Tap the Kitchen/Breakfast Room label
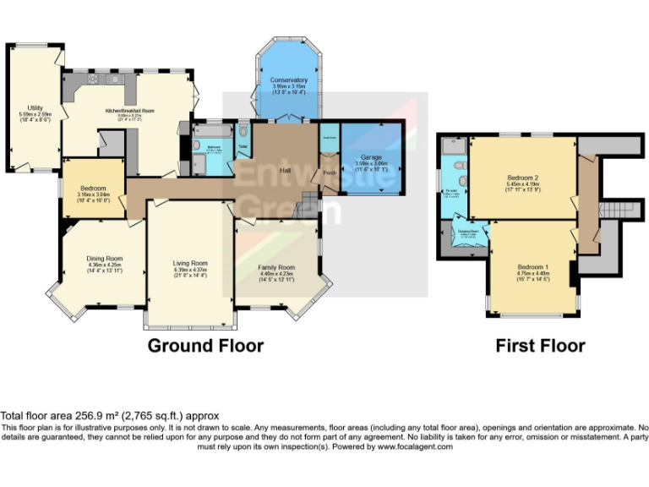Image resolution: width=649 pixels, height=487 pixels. [129, 111]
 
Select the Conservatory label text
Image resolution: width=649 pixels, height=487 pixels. [289, 80]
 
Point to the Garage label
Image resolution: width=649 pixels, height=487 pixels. [371, 158]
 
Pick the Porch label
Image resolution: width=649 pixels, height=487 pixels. [328, 172]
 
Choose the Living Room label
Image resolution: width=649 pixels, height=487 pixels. [189, 263]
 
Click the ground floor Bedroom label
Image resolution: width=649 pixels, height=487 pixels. [93, 188]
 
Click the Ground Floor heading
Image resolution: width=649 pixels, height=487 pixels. [205, 345]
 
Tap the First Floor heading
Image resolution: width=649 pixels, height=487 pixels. [540, 345]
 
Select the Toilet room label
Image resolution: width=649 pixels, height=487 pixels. [243, 147]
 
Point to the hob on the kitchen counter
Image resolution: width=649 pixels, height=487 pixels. [91, 79]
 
